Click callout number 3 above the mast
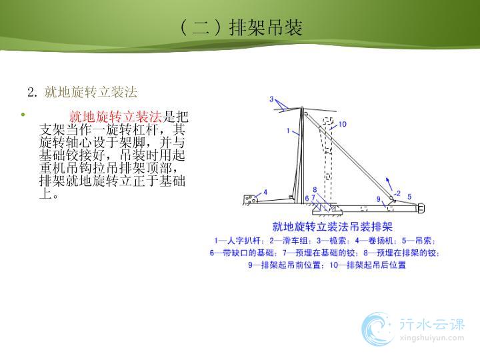tap(271, 99)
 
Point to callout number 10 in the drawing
tap(342, 124)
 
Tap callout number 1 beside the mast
tap(288, 131)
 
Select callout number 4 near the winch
tap(265, 192)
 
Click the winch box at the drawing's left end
tap(251, 199)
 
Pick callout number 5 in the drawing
tap(409, 197)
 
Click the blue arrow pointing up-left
tap(389, 184)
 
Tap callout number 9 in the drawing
tap(379, 199)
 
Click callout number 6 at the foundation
tap(307, 199)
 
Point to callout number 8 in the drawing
tap(315, 190)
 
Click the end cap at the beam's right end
tap(421, 209)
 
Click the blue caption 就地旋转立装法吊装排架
tap(333, 227)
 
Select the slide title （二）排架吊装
tap(241, 27)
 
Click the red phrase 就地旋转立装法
tap(116, 117)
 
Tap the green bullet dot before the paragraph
tap(23, 115)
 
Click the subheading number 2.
tap(32, 92)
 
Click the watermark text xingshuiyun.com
tap(432, 338)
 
